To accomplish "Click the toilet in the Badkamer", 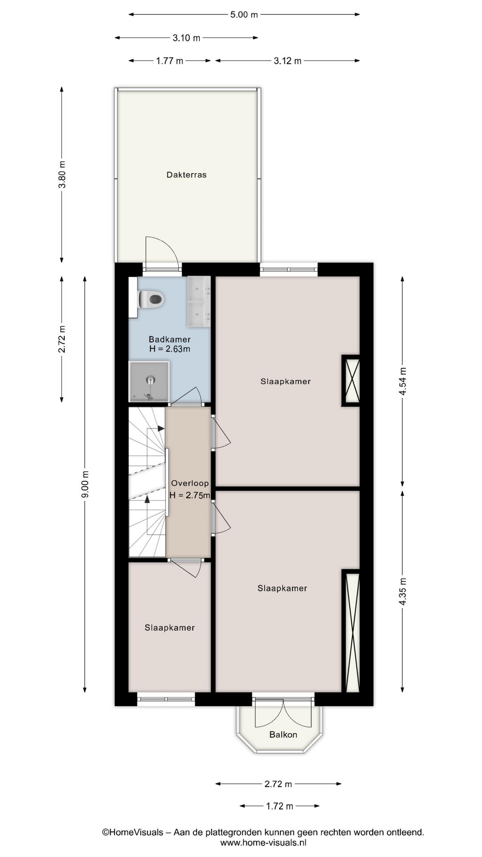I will point(151,299).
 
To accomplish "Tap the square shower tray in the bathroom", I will point(149,381).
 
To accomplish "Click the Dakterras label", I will point(187,175).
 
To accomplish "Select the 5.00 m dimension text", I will point(244,15).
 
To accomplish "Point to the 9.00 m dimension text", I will point(86,484).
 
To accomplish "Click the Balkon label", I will point(283,735).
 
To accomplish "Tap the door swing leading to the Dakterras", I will point(161,252).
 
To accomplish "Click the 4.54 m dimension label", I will point(403,381).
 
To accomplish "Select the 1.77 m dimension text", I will point(170,61).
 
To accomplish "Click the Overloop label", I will point(190,483).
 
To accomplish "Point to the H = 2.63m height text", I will point(170,349).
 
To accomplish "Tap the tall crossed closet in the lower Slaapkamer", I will point(353,632).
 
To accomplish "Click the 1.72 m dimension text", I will point(280,806).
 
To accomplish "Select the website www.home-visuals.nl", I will point(263,843).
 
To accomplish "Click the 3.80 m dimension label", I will point(62,174).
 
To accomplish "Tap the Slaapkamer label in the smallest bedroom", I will point(170,628).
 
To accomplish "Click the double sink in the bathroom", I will point(199,302).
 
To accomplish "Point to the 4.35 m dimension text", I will point(403,591).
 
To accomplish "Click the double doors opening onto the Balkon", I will point(283,713).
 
